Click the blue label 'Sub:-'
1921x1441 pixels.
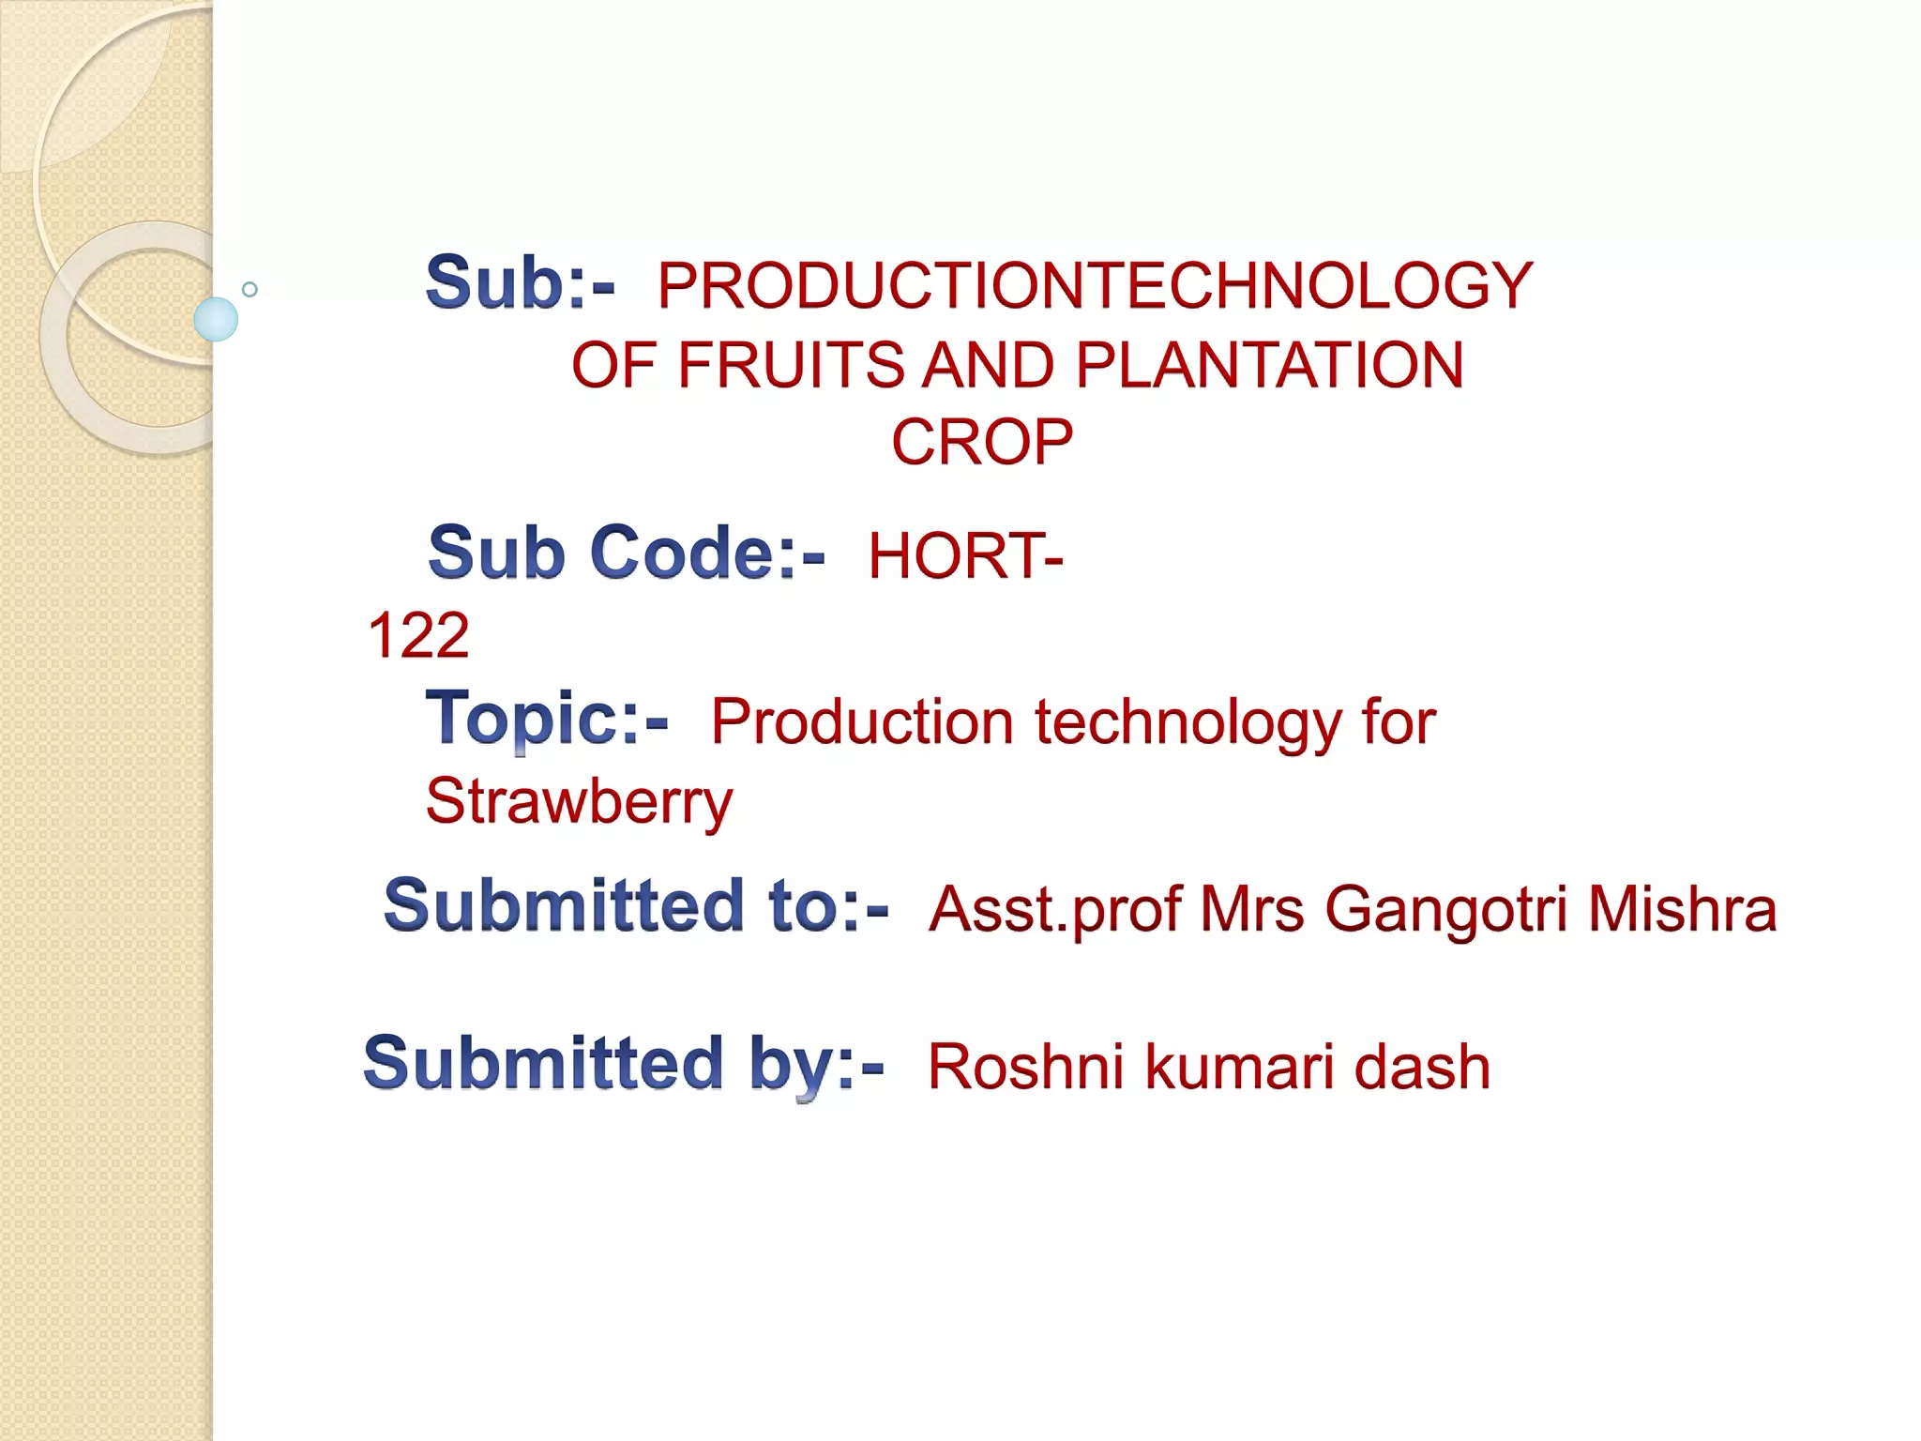520,282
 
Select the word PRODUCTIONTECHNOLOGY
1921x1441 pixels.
1095,285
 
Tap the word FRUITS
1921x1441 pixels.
790,365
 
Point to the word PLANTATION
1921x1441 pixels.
1269,365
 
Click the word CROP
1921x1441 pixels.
981,443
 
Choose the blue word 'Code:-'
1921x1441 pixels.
707,553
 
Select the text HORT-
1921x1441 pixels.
965,555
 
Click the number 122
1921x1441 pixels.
418,635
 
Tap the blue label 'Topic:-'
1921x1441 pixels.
547,719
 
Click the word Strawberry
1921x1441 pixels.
579,802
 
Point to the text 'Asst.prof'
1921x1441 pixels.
1054,909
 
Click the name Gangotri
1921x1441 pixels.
1445,909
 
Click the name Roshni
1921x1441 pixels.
1025,1068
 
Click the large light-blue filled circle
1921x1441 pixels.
216,319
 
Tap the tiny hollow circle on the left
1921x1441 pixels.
250,289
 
